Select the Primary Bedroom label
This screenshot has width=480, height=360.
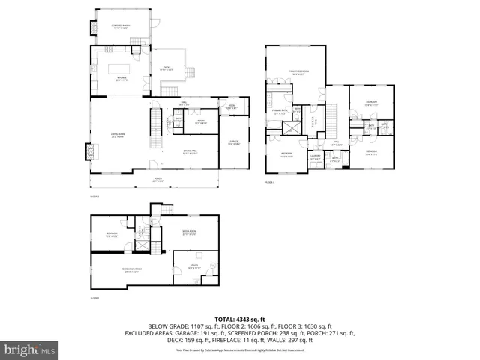pyautogui.click(x=298, y=73)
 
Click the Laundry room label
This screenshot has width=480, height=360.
pyautogui.click(x=316, y=157)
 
